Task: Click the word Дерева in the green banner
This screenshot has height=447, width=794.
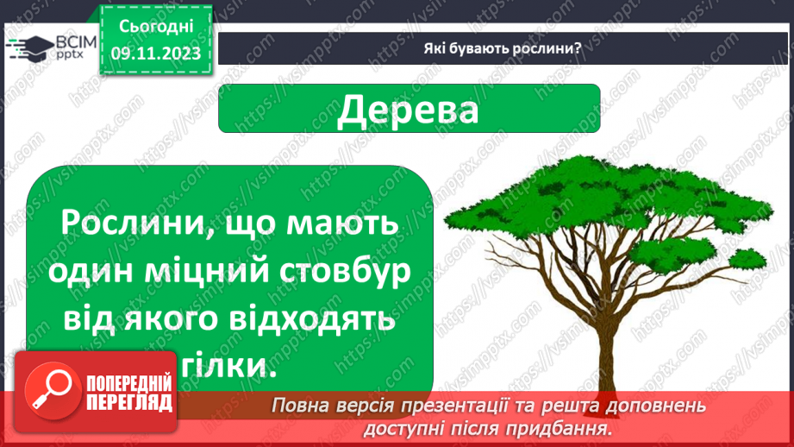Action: (408, 110)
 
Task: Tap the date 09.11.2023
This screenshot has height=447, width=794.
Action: (156, 54)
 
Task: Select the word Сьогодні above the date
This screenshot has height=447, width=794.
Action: (156, 27)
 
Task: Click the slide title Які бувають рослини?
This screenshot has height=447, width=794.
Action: (503, 48)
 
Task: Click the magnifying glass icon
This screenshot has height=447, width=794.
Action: (52, 390)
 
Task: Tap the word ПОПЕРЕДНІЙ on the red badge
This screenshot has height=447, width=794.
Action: (129, 382)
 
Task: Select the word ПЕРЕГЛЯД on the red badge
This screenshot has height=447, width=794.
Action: (129, 402)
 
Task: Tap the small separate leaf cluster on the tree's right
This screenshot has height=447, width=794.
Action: (747, 259)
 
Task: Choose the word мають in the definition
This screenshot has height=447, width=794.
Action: (342, 223)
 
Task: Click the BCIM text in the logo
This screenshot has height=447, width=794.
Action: (76, 42)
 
